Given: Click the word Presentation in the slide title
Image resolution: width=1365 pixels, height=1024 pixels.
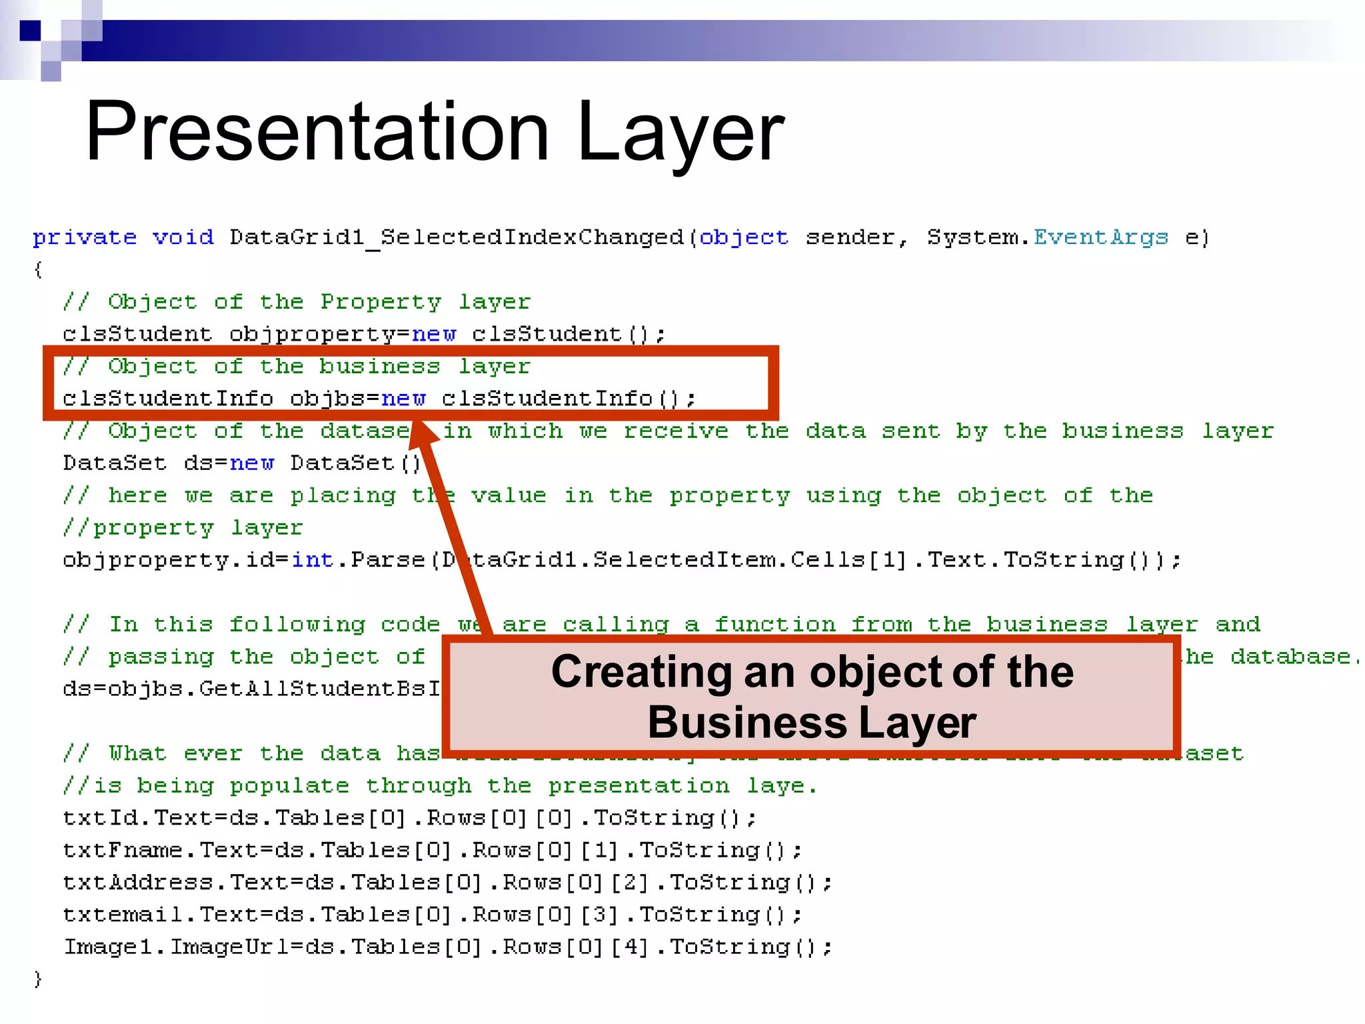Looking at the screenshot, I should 317,131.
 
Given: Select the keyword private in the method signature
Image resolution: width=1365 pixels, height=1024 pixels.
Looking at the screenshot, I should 85,237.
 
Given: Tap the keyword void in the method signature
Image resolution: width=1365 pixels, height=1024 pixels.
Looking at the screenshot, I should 183,237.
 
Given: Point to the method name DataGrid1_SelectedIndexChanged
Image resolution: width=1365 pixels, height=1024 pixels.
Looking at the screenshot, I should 457,237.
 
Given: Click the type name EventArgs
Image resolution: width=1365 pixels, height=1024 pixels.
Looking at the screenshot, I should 1101,237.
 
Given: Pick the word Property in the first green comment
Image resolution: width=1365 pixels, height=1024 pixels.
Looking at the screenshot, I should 381,302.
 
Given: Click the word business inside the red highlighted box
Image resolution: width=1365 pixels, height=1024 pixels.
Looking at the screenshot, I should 379,367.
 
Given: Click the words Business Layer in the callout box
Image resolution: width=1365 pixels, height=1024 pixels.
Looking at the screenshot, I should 811,723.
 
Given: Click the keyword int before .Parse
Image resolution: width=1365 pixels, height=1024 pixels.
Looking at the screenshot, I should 312,560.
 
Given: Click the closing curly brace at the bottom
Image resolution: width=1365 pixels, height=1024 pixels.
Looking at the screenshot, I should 38,979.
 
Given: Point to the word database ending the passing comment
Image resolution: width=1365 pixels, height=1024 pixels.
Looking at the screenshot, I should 1290,657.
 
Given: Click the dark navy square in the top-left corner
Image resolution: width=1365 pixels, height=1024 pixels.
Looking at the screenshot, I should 30,31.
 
